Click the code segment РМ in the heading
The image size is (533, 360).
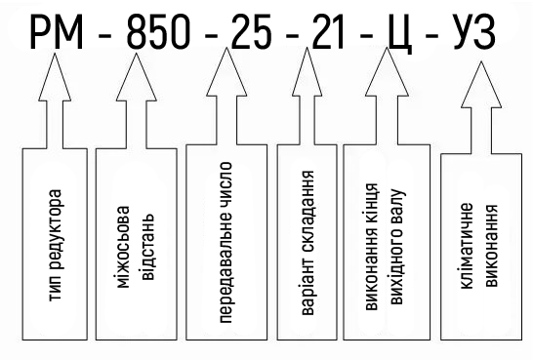click(57, 32)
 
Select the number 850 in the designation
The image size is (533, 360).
click(158, 32)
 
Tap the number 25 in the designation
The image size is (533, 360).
click(252, 32)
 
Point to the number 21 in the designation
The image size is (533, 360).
click(328, 32)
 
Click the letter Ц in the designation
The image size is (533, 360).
click(400, 34)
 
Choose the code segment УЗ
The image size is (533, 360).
click(473, 32)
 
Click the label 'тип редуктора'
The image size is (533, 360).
click(56, 245)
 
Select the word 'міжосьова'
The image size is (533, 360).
click(123, 247)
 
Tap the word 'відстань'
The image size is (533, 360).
click(147, 247)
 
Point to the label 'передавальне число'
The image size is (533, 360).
click(225, 242)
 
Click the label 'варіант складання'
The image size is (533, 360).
click(307, 243)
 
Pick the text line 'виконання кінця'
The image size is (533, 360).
click(372, 247)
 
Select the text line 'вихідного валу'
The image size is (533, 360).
click(396, 247)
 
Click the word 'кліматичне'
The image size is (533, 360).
click(467, 246)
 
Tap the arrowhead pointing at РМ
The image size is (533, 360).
click(55, 77)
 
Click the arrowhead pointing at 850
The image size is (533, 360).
click(137, 77)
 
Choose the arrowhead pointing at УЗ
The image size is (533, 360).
click(481, 85)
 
